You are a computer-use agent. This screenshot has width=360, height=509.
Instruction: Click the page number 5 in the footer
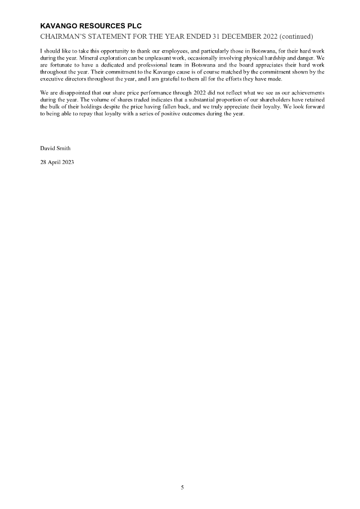[182, 488]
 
